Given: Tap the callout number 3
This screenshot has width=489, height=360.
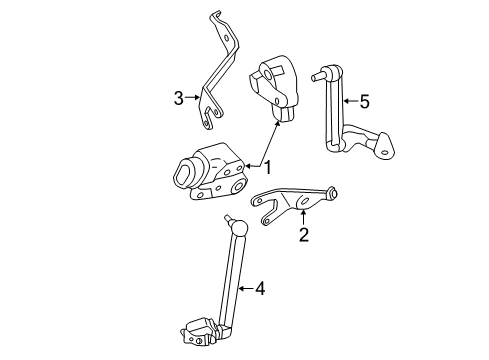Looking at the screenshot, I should tap(178, 97).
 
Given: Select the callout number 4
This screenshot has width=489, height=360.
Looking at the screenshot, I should tap(259, 289).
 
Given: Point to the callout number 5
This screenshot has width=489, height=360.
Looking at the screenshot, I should tap(364, 100).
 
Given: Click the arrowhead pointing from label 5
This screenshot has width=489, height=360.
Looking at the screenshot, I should tap(341, 100).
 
